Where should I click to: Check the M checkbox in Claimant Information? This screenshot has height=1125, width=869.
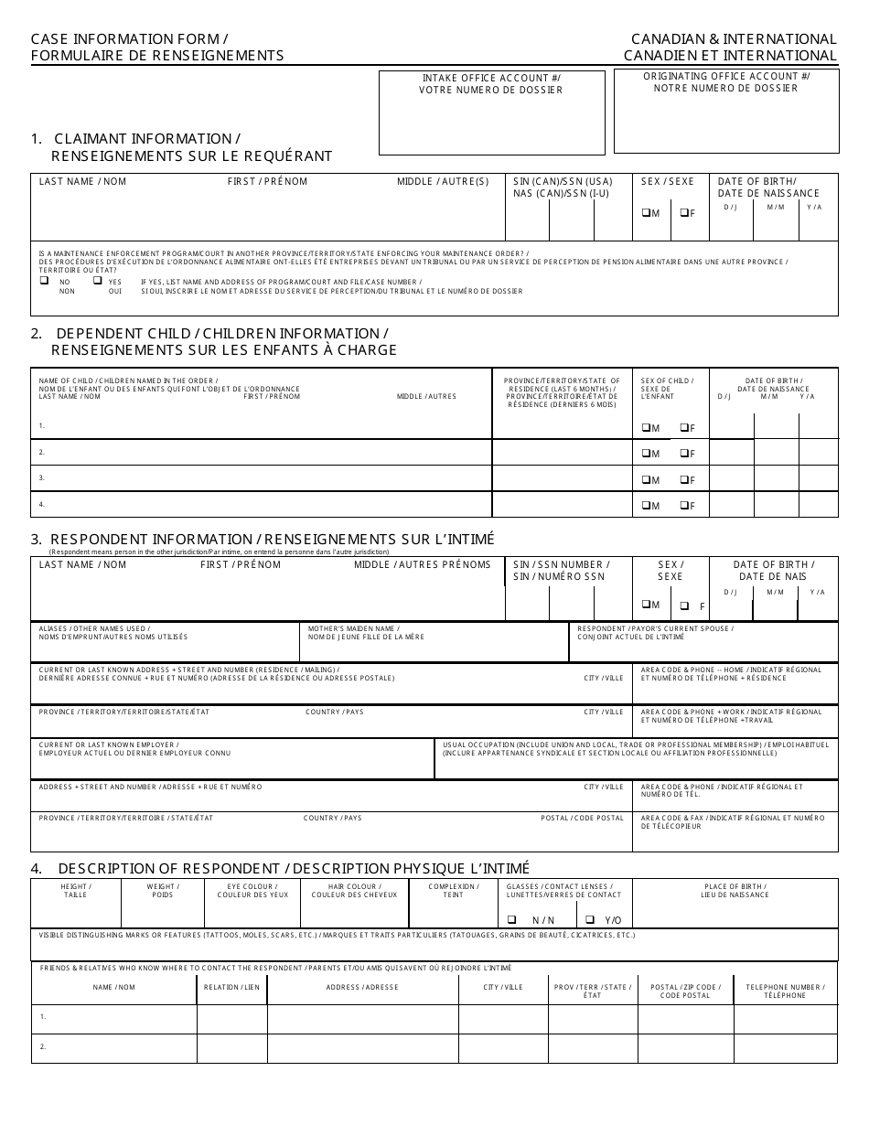coord(646,213)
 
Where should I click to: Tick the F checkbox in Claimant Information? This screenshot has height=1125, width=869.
coord(682,213)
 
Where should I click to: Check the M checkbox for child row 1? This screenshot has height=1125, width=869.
coord(646,427)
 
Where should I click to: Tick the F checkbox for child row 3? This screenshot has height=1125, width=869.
coord(682,479)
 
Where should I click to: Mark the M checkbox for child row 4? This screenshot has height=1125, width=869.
coord(646,506)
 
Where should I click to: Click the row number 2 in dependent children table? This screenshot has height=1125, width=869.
coord(42,452)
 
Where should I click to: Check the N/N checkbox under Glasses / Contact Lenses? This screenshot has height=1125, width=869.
coord(512,919)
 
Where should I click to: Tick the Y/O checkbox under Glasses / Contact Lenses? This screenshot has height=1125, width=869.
coord(591,919)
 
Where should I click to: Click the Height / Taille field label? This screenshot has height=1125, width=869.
coord(76,891)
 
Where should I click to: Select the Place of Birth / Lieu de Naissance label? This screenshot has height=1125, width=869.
coord(735,891)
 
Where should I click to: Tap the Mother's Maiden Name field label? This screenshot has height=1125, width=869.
coord(366,633)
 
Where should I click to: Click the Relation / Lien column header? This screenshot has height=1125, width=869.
coord(231,988)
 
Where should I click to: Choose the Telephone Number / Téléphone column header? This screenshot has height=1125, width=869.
coord(785,991)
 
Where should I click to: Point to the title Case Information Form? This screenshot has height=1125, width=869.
coord(130,39)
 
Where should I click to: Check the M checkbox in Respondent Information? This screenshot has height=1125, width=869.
coord(646,605)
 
